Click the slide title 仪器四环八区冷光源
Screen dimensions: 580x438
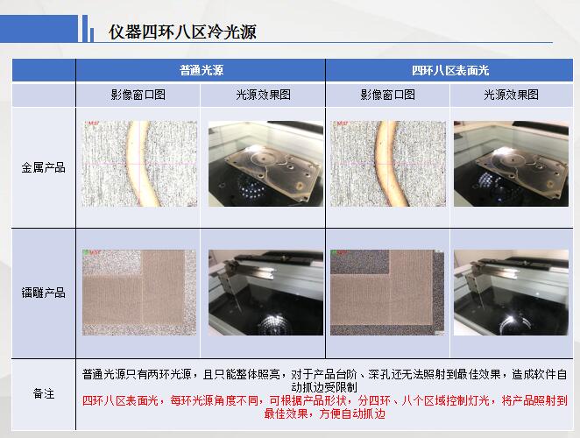182,32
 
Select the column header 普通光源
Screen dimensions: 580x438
202,70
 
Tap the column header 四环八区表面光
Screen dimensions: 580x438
450,70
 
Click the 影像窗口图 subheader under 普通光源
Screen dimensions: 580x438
138,95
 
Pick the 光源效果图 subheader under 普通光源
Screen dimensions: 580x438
263,95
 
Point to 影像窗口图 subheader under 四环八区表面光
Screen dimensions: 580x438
387,95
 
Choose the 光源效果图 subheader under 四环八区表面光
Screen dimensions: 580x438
511,95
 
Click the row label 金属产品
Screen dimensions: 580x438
43,167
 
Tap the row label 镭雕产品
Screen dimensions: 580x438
43,293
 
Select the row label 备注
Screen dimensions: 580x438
44,393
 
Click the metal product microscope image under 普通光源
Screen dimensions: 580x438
139,164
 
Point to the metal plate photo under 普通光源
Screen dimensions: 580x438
265,164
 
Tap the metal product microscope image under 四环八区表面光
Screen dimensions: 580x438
388,164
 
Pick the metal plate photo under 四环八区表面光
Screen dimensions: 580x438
511,164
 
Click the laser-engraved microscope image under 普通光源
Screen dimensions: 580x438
139,293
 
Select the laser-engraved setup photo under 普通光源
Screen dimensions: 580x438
265,293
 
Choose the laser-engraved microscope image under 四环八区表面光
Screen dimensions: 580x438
387,293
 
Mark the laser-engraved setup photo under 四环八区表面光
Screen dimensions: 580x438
511,293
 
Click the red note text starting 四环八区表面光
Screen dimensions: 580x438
324,407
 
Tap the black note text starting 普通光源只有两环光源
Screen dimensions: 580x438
324,381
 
